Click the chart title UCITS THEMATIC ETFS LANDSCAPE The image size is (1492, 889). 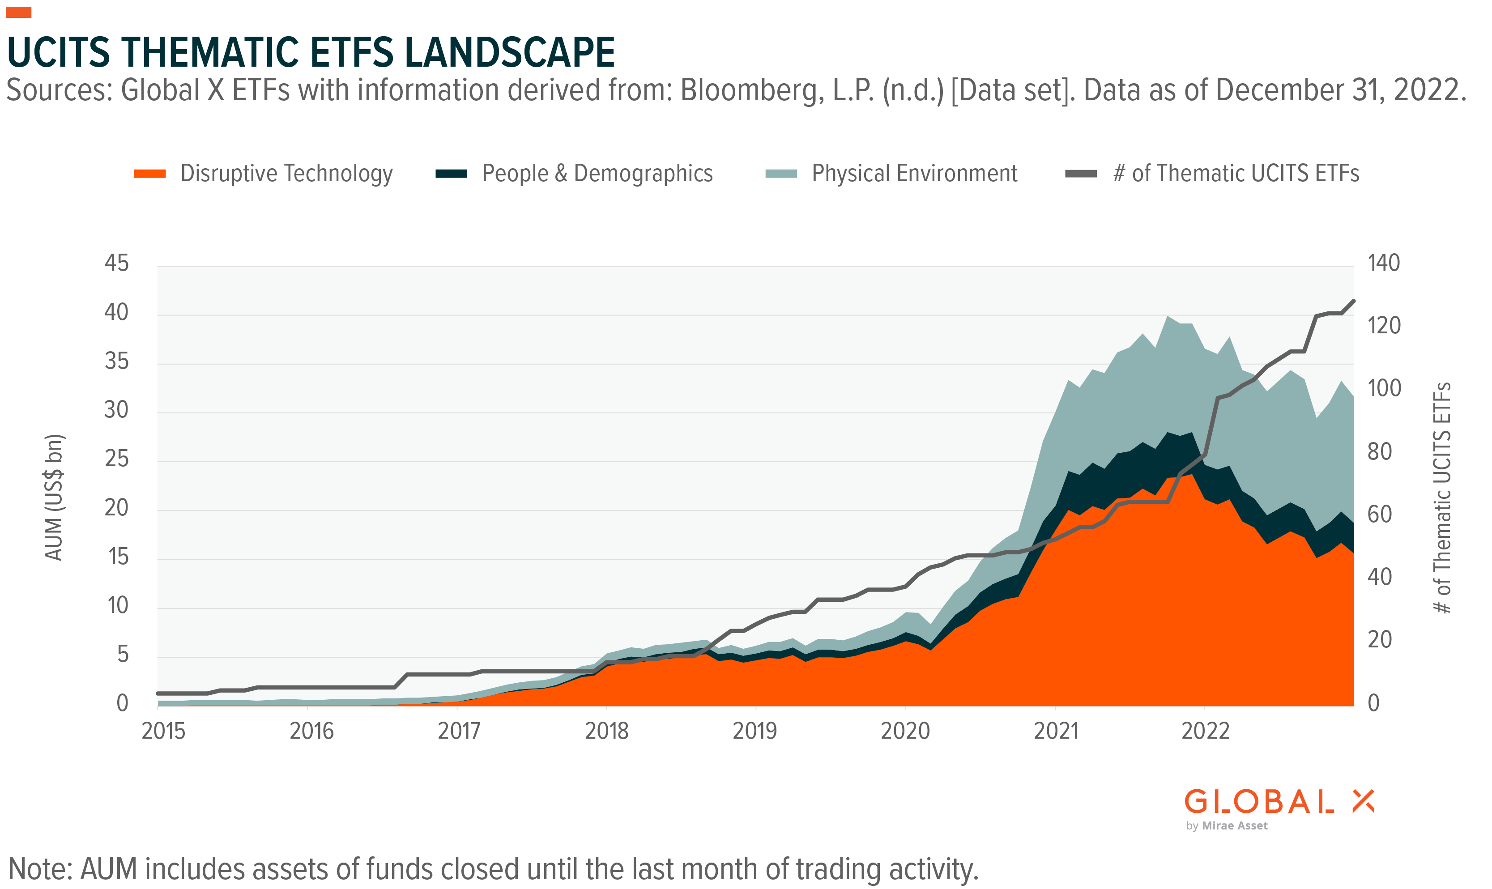(x=311, y=53)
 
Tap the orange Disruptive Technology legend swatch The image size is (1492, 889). (x=150, y=174)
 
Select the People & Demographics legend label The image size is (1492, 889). (x=597, y=174)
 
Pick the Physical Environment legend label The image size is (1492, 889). (x=914, y=174)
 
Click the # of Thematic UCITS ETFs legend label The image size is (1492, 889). (x=1236, y=174)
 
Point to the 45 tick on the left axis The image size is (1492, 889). (x=116, y=263)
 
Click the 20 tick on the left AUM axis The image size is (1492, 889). (x=116, y=508)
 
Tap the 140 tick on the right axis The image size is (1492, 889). (x=1383, y=263)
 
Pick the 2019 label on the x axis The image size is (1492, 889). (x=755, y=732)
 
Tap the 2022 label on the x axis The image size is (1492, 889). (x=1205, y=732)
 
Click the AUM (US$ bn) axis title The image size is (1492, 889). (x=54, y=497)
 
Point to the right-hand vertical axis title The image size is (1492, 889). (x=1442, y=497)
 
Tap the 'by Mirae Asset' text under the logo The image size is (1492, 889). (x=1226, y=826)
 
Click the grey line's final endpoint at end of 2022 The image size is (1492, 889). (x=1353, y=301)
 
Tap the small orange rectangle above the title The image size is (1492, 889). (x=19, y=12)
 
